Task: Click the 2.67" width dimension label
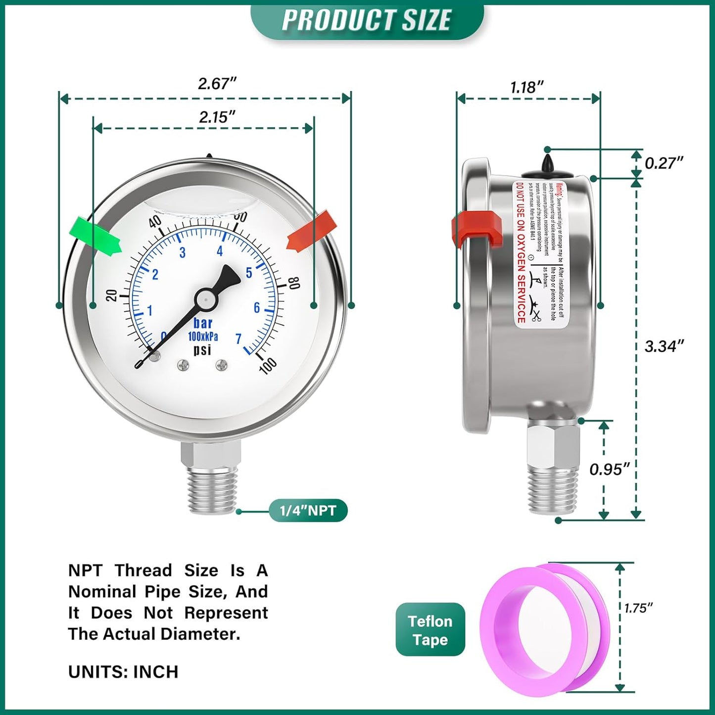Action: coord(217,84)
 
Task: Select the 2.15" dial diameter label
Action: coord(217,117)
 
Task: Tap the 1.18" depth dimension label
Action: coord(527,88)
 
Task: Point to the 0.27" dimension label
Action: coord(664,163)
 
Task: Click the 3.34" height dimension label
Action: coord(664,346)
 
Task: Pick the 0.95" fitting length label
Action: coord(609,469)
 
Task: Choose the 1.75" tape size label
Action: coord(638,608)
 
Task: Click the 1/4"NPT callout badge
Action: coord(308,511)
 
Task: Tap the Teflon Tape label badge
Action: coord(430,630)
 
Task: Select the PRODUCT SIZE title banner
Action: coord(367,20)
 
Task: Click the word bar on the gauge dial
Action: coord(203,324)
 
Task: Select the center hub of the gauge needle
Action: coord(204,298)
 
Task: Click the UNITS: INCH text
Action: coord(123,672)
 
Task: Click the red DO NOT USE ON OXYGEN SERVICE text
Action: coord(521,252)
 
